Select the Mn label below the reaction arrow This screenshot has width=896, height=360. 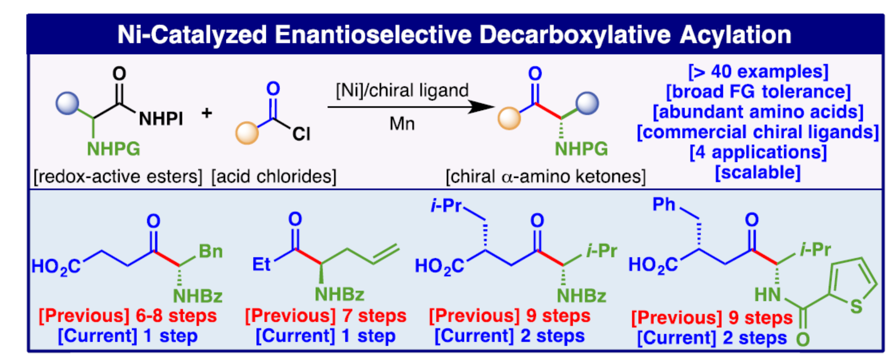pyautogui.click(x=402, y=124)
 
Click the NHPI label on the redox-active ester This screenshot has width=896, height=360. pyautogui.click(x=161, y=119)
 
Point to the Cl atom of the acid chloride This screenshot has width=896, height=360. pyautogui.click(x=301, y=133)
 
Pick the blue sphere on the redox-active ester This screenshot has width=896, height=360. pyautogui.click(x=68, y=103)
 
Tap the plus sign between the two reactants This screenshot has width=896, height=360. pyautogui.click(x=207, y=113)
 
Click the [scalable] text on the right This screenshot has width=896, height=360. pyautogui.click(x=757, y=173)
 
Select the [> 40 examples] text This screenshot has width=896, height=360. pyautogui.click(x=757, y=71)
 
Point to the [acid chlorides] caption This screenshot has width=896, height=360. pyautogui.click(x=274, y=176)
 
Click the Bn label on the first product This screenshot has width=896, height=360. pyautogui.click(x=210, y=251)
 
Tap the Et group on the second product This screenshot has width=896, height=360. pyautogui.click(x=262, y=264)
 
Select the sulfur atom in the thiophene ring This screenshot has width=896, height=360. pyautogui.click(x=856, y=306)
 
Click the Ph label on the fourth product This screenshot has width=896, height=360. pyautogui.click(x=664, y=204)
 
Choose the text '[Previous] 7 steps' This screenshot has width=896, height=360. pyautogui.click(x=325, y=316)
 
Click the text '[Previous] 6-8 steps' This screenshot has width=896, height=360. pyautogui.click(x=128, y=316)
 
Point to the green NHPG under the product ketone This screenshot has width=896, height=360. pyautogui.click(x=581, y=149)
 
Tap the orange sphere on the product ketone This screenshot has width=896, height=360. pyautogui.click(x=509, y=118)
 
